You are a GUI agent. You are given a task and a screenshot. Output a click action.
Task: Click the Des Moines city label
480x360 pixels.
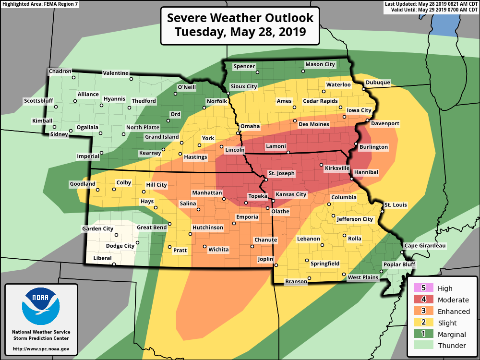(314, 124)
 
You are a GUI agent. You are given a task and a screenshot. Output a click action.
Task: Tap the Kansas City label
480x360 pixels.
(290, 194)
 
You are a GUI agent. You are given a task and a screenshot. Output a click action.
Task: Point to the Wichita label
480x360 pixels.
(218, 250)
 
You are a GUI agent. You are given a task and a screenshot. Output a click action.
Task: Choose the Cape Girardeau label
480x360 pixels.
(425, 246)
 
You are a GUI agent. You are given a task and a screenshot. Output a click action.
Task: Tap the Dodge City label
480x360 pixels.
(120, 246)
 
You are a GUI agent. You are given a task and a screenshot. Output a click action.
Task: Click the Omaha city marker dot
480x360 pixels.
(238, 133)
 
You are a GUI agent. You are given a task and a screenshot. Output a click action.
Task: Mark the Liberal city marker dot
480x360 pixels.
(114, 264)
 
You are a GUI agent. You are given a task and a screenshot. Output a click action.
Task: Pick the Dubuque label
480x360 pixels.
(378, 83)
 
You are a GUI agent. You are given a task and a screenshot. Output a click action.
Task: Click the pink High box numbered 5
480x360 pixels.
(424, 288)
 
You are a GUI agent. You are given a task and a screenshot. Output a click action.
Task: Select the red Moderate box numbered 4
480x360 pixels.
(424, 300)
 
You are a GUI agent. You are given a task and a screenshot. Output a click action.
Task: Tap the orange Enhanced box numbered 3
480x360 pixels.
(424, 311)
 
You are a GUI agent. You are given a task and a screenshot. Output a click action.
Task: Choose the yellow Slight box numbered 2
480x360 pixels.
(424, 323)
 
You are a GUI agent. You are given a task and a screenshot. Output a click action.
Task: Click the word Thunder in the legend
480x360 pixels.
(452, 346)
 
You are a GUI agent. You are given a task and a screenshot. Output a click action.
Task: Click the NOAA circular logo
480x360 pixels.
(41, 306)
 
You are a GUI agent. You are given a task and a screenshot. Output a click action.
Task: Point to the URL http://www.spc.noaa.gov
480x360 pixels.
(41, 348)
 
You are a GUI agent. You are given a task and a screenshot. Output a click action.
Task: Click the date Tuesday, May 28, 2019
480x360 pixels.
(240, 32)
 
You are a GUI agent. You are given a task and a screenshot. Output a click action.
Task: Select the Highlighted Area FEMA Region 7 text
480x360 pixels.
(40, 4)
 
